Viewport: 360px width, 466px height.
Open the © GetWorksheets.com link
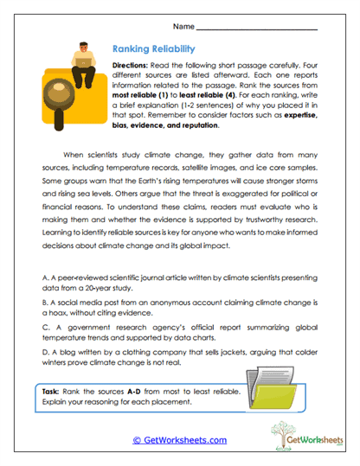point(180,439)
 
